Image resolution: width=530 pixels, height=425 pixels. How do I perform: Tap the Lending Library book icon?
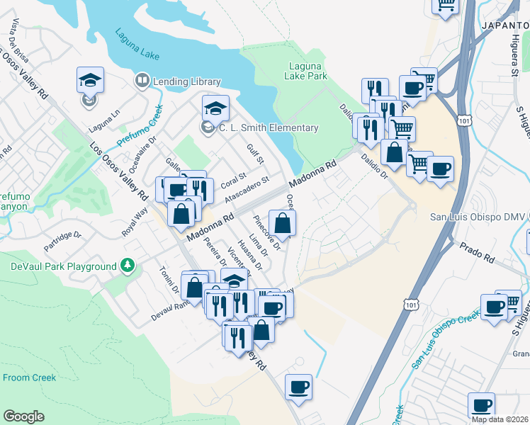(x=142, y=81)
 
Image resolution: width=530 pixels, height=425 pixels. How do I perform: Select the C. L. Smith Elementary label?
(x=268, y=127)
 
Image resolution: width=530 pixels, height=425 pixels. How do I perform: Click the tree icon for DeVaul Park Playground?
(x=128, y=266)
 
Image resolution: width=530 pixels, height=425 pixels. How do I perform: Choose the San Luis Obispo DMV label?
(x=479, y=217)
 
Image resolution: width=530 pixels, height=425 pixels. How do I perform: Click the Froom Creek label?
(x=29, y=378)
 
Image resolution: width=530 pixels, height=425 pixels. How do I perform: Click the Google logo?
(x=23, y=416)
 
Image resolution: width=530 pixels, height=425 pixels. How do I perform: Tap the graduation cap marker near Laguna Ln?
(x=91, y=80)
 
